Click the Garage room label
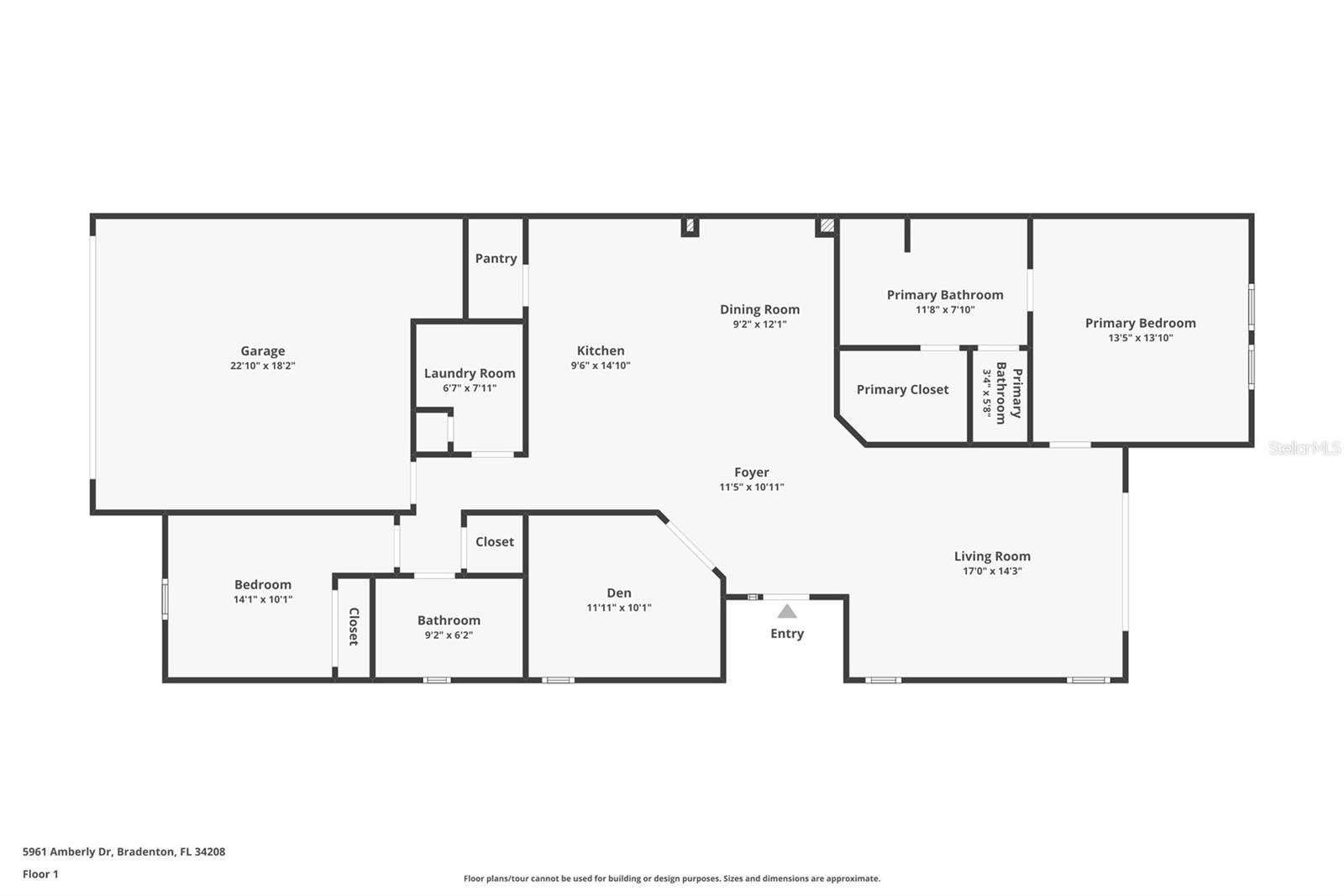point(263,351)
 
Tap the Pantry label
point(496,258)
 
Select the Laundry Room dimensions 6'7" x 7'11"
point(470,388)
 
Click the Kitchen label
point(601,350)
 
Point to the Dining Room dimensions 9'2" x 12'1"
point(759,324)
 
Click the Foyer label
point(751,472)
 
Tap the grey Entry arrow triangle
point(787,612)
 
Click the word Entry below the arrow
point(787,634)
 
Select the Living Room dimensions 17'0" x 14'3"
point(992,572)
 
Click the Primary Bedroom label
point(1140,323)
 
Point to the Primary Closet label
point(902,389)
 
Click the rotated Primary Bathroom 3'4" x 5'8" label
point(1001,393)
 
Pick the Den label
point(619,593)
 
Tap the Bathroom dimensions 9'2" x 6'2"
point(449,635)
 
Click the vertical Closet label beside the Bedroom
point(354,626)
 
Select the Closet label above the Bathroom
point(495,541)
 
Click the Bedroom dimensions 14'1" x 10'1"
point(263,600)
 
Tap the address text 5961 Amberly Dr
point(67,851)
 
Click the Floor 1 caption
point(40,874)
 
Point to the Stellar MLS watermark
point(1304,448)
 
